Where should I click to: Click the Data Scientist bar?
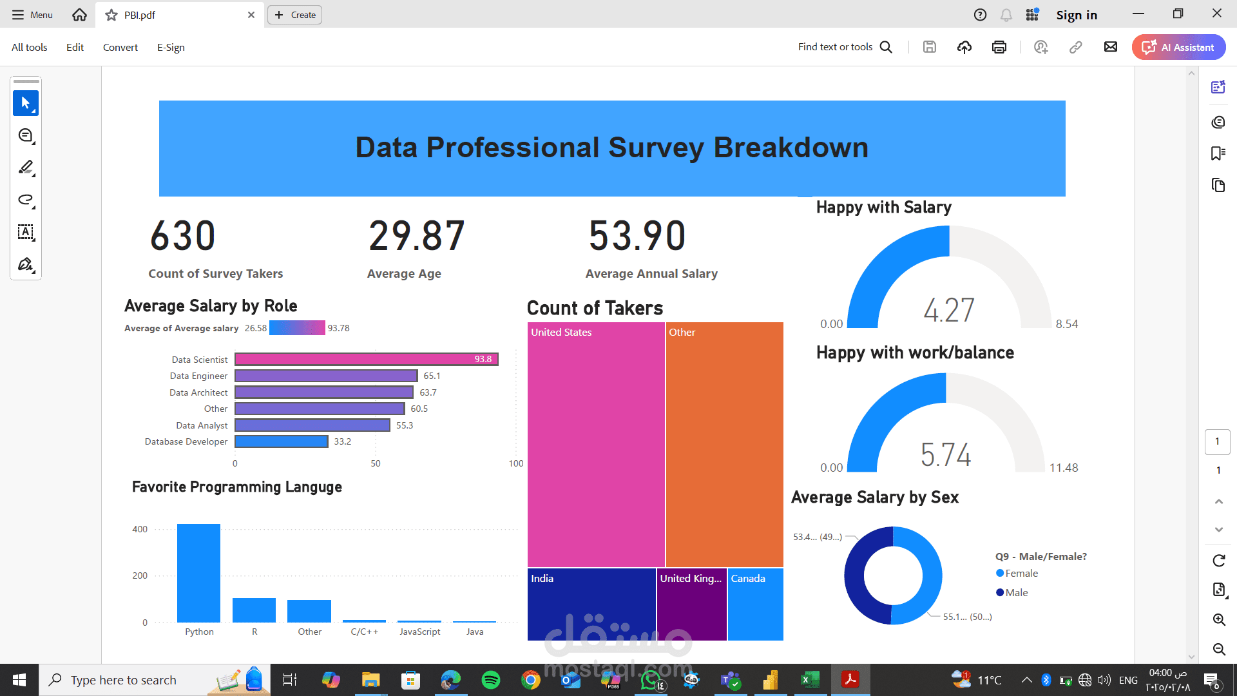(x=366, y=359)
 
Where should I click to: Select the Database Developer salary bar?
(x=282, y=441)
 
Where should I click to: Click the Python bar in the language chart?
(x=198, y=573)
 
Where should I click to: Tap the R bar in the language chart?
(x=254, y=610)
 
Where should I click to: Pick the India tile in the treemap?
(x=591, y=604)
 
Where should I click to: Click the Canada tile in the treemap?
(x=756, y=604)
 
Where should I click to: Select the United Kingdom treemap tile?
(x=692, y=604)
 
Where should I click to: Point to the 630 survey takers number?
(x=183, y=236)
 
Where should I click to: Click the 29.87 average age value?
(x=416, y=236)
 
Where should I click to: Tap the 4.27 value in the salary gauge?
(x=949, y=310)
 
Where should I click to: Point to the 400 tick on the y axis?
(x=140, y=529)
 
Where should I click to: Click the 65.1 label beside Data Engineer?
(x=432, y=376)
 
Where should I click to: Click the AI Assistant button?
(x=1178, y=47)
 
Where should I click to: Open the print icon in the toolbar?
(x=999, y=47)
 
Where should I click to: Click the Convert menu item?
(x=120, y=47)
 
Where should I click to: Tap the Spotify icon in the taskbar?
(x=491, y=680)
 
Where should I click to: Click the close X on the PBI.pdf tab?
(x=251, y=15)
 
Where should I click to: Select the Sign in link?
(x=1077, y=15)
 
